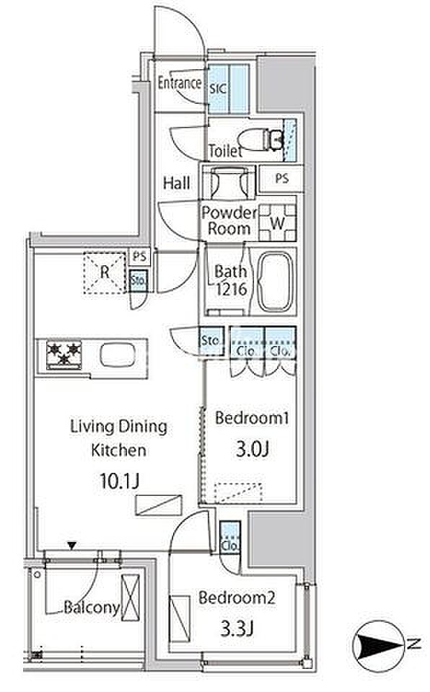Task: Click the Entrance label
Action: (180, 82)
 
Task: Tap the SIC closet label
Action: (218, 88)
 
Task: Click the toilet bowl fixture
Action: (260, 139)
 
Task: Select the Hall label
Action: (176, 182)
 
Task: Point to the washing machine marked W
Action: (277, 223)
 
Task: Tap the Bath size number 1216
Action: (231, 289)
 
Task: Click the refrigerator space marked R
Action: (105, 272)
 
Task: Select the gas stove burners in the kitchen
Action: (64, 355)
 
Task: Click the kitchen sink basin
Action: (117, 355)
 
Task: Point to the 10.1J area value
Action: (119, 480)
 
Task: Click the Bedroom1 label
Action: (252, 418)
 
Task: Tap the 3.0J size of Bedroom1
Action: (253, 449)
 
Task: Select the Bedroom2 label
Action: (237, 598)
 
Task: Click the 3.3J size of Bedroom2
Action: (237, 628)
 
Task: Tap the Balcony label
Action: (92, 607)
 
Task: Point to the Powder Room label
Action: (229, 221)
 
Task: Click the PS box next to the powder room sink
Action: (281, 178)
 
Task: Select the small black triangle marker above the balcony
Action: (71, 546)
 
